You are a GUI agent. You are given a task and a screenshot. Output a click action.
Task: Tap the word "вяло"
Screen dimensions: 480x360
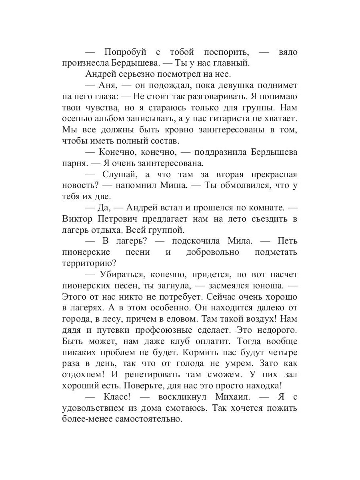287,52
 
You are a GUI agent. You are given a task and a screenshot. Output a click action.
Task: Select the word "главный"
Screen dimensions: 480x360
230,63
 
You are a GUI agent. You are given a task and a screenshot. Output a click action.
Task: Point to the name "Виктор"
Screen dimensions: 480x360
78,219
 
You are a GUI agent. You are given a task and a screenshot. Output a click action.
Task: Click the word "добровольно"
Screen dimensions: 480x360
212,252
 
